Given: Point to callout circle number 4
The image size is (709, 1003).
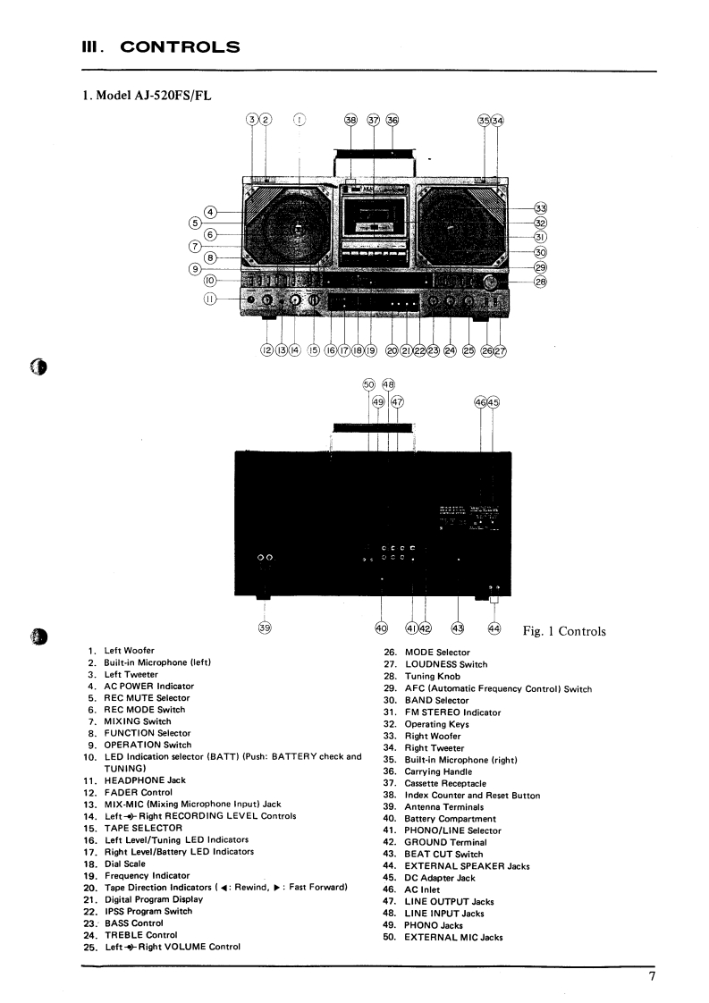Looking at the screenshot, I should coord(210,212).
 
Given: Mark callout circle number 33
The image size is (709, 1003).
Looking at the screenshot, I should coord(540,208).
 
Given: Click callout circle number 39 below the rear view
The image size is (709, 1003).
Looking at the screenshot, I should coord(265,628).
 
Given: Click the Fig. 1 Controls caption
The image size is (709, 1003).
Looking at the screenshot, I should coord(564,632).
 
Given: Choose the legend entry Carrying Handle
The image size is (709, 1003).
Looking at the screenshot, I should coord(440,771).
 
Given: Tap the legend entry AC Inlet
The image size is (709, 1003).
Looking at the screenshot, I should coord(426,889).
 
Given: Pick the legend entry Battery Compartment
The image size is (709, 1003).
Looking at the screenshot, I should coord(451,819).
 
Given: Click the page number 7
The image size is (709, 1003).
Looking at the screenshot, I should coord(653,976).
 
